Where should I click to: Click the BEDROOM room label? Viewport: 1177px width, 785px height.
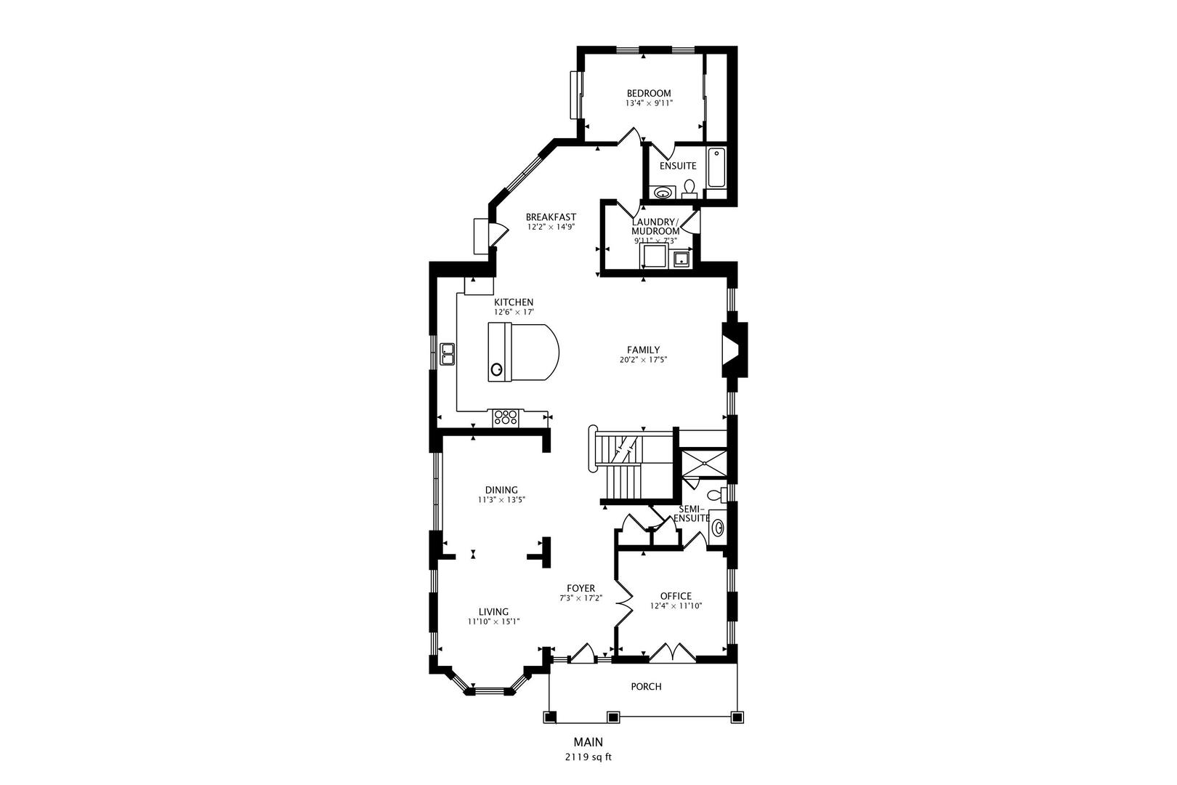[649, 93]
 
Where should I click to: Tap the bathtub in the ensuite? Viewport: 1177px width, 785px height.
[716, 168]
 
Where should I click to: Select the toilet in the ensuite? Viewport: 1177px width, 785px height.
[689, 190]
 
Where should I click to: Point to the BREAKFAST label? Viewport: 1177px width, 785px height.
[551, 217]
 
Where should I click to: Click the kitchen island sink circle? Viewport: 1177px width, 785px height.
[497, 369]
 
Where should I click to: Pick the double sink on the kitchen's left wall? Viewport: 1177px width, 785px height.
[446, 354]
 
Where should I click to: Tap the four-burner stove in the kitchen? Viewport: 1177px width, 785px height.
[506, 418]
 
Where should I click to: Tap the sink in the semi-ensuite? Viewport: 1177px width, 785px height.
[718, 527]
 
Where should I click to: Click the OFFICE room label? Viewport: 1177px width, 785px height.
[676, 596]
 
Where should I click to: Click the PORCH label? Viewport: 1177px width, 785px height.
[646, 686]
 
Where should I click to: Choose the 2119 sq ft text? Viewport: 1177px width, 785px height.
[588, 757]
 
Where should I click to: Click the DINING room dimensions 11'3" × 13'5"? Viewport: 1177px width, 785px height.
[501, 500]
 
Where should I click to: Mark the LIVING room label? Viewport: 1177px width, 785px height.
[493, 611]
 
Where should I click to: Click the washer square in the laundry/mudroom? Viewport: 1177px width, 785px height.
[654, 257]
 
